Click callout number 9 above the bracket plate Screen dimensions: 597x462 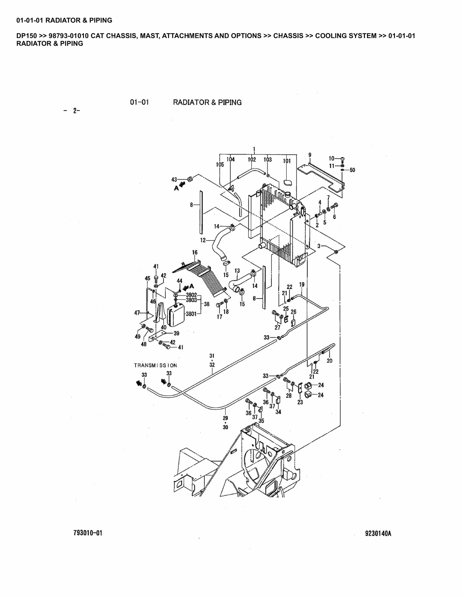310,155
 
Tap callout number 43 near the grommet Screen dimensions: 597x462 174,180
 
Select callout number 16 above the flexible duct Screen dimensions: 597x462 195,252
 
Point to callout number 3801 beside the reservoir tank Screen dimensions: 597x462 191,314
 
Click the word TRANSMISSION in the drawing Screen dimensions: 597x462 156,365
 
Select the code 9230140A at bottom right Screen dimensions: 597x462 378,533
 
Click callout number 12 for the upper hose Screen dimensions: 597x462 203,240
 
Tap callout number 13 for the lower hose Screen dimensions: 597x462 237,271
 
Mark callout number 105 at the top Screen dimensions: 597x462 220,164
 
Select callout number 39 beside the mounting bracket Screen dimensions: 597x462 176,333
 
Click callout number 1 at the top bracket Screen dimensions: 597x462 254,149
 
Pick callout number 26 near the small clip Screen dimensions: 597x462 293,312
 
